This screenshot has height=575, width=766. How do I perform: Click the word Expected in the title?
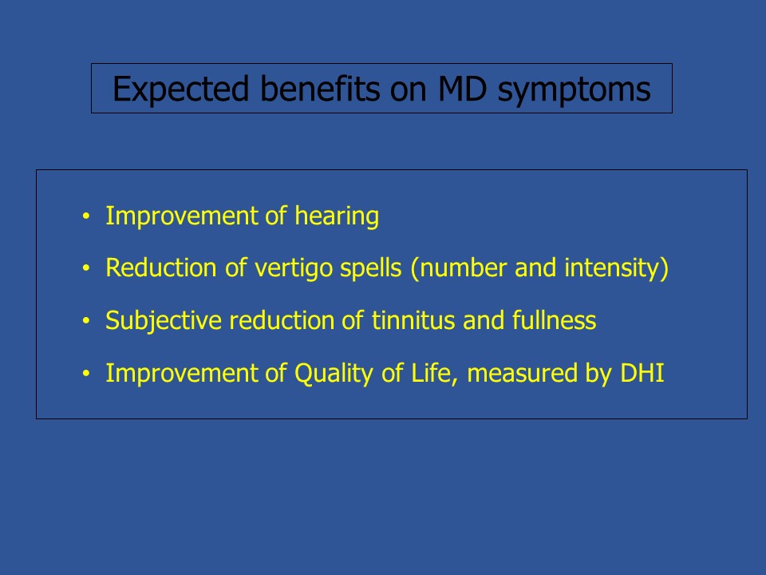click(181, 89)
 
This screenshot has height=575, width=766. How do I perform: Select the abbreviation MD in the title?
click(463, 89)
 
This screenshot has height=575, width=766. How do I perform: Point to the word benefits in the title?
click(320, 89)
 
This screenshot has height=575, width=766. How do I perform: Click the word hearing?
click(337, 216)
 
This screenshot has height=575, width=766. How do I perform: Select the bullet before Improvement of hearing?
click(86, 216)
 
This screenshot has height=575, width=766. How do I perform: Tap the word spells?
click(371, 268)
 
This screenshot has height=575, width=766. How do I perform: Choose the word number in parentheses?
click(463, 268)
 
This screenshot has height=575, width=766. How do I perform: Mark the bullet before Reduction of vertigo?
click(86, 268)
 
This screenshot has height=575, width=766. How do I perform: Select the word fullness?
click(554, 321)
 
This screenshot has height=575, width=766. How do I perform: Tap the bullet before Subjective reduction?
click(86, 321)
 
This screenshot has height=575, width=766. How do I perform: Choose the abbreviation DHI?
click(642, 373)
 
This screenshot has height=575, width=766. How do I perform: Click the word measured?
click(523, 374)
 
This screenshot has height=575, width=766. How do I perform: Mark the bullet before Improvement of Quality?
click(86, 374)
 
